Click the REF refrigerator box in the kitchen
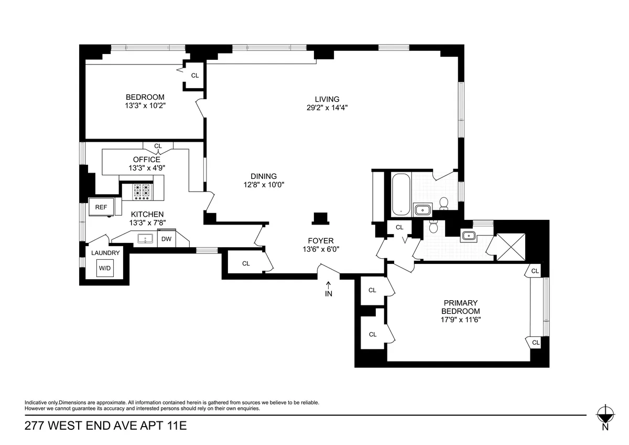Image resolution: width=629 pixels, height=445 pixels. tap(101, 207)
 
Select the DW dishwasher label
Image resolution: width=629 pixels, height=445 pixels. tap(166, 239)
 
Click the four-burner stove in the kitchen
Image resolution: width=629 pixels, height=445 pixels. tap(142, 191)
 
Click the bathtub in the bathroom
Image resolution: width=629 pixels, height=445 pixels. tap(401, 194)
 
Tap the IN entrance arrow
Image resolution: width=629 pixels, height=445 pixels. tap(329, 289)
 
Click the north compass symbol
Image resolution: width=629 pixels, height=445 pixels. tap(605, 414)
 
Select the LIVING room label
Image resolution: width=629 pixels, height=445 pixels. tap(327, 99)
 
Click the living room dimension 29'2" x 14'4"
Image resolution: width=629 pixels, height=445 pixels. tap(327, 108)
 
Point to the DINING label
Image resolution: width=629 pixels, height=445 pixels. tap(263, 176)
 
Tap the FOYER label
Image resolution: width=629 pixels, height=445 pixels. tap(321, 241)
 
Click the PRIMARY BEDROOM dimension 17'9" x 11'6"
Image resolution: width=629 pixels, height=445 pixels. tap(461, 319)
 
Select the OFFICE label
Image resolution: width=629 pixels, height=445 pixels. tap(147, 160)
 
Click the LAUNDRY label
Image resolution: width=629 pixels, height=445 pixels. tap(105, 253)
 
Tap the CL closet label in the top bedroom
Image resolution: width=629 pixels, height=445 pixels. tap(195, 76)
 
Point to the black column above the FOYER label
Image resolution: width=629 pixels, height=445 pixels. tap(319, 218)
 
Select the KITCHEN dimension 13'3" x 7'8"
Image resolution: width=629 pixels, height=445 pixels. tap(147, 222)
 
